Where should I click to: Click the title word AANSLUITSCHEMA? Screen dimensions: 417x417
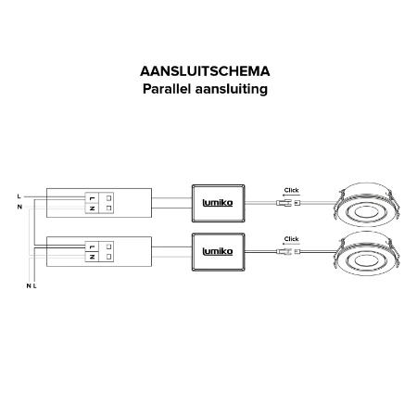pyautogui.click(x=205, y=71)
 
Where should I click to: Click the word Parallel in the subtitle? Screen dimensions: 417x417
pyautogui.click(x=167, y=89)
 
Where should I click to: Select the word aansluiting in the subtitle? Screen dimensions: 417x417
pyautogui.click(x=232, y=89)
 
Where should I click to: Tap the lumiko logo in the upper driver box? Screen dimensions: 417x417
pyautogui.click(x=218, y=203)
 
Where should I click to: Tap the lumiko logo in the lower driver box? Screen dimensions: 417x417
pyautogui.click(x=218, y=251)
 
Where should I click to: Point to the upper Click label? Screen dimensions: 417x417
pyautogui.click(x=292, y=190)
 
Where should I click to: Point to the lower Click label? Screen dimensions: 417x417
pyautogui.click(x=292, y=239)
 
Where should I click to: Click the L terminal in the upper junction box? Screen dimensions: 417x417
pyautogui.click(x=92, y=198)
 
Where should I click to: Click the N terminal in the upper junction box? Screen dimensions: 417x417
pyautogui.click(x=92, y=208)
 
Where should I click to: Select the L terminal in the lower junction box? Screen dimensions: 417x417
pyautogui.click(x=92, y=246)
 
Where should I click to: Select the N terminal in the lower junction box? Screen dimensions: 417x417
pyautogui.click(x=92, y=257)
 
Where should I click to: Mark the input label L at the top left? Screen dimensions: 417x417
pyautogui.click(x=19, y=196)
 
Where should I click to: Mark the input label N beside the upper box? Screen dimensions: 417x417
pyautogui.click(x=19, y=207)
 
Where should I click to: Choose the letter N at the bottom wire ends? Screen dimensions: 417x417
pyautogui.click(x=29, y=286)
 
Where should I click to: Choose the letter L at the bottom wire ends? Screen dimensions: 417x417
pyautogui.click(x=34, y=286)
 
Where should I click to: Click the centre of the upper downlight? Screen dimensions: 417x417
pyautogui.click(x=366, y=213)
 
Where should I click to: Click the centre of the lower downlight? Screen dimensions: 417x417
pyautogui.click(x=366, y=260)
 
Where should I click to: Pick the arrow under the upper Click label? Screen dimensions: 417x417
pyautogui.click(x=291, y=196)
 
